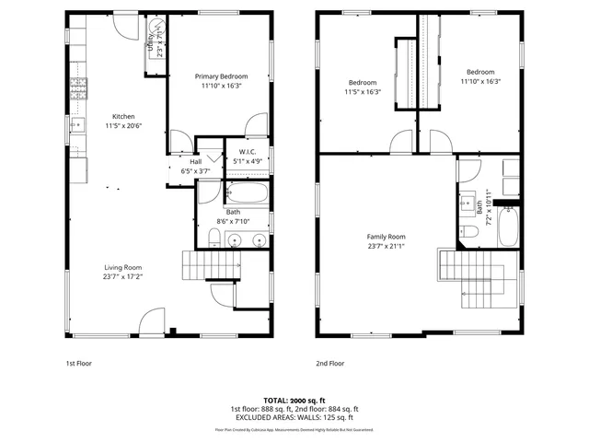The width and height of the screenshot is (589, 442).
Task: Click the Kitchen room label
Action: (x=123, y=117)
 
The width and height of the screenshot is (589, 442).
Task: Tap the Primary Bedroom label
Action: (x=221, y=76)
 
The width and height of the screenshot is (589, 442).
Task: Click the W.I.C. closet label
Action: (x=247, y=152)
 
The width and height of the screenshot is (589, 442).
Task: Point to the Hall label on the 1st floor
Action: (x=196, y=161)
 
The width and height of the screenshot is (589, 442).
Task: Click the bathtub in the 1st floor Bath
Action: (x=247, y=194)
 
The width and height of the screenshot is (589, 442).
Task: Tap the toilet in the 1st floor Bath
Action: (x=214, y=239)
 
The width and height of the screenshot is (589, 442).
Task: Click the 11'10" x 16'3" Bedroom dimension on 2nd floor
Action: (x=479, y=81)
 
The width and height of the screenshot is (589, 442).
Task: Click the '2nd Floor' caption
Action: (x=329, y=363)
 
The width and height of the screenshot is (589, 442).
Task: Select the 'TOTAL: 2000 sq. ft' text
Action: (x=294, y=401)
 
